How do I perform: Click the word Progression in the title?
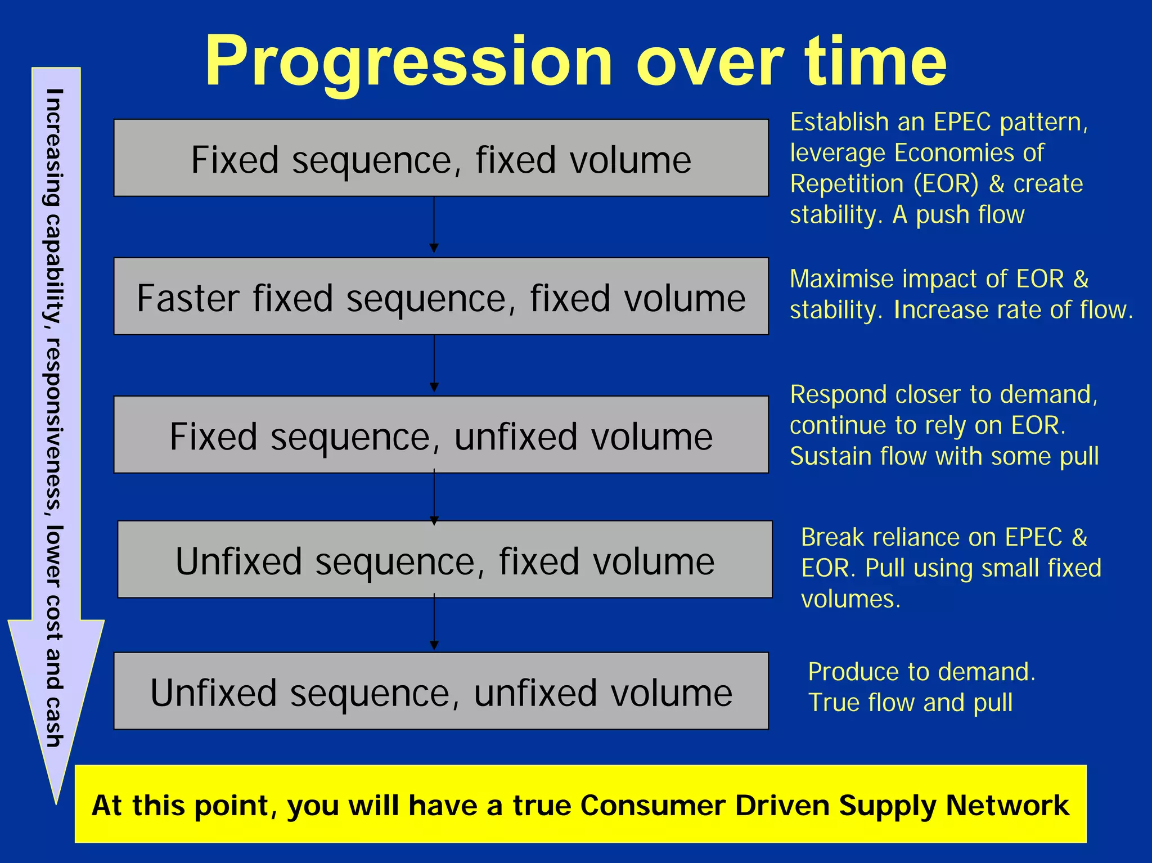pos(408,62)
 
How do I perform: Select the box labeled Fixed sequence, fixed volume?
pos(441,158)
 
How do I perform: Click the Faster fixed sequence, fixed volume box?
pos(441,296)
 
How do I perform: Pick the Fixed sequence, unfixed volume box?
pos(441,435)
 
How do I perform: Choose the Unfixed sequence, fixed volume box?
pos(444,560)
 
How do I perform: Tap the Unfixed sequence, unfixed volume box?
pos(441,691)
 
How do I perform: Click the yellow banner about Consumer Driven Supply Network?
pos(580,804)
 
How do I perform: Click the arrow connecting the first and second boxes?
pos(434,225)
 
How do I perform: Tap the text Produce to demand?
pos(921,672)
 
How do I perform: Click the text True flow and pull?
pos(910,703)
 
